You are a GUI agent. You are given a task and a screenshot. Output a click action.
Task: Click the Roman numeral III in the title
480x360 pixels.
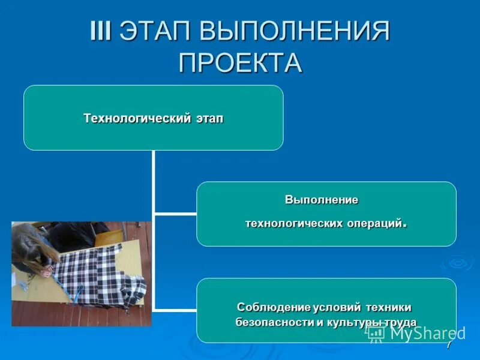pos(100,31)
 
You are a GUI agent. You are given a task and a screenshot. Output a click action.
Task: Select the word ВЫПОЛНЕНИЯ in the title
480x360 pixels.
pos(294,31)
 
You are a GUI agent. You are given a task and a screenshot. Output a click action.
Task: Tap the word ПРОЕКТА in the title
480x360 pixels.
pos(240,62)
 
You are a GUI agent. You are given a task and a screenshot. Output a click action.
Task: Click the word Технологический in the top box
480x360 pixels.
pos(136,118)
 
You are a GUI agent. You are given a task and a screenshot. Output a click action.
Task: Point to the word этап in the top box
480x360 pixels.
pos(209,118)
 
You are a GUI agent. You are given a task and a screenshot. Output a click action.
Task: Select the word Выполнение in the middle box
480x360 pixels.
pos(321,199)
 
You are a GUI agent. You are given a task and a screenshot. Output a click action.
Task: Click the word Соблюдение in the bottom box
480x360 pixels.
pos(274,307)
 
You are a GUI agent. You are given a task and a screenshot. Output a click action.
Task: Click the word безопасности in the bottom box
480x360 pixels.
pos(274,322)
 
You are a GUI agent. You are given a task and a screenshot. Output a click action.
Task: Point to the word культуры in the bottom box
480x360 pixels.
pos(349,322)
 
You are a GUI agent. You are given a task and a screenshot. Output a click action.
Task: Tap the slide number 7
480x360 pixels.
pos(448,347)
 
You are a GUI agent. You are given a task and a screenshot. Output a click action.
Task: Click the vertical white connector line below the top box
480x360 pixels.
pos(154,180)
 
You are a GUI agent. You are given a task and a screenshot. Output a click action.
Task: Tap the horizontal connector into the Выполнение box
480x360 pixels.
pos(175,213)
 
